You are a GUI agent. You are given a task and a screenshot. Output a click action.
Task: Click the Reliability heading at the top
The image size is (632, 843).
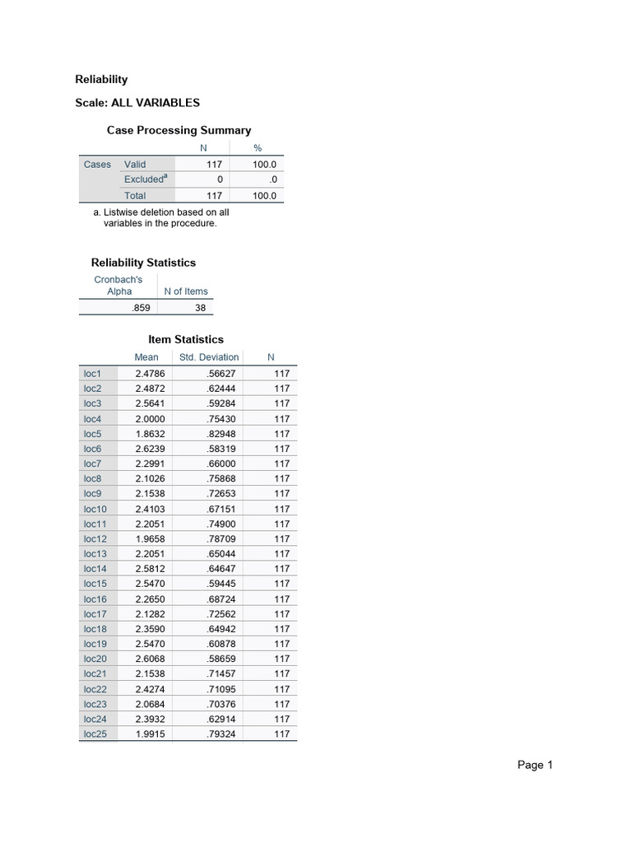pyautogui.click(x=101, y=79)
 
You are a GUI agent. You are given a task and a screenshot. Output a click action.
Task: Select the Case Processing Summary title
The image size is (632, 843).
pyautogui.click(x=179, y=130)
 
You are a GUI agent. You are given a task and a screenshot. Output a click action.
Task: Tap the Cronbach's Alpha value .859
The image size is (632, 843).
pyautogui.click(x=142, y=308)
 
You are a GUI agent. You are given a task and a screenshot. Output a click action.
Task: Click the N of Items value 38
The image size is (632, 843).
pyautogui.click(x=201, y=308)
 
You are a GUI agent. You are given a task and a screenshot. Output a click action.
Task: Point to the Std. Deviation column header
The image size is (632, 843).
pyautogui.click(x=209, y=357)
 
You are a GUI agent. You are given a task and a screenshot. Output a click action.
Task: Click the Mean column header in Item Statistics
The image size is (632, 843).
pyautogui.click(x=146, y=357)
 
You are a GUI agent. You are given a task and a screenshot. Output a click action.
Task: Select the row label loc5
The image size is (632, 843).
pyautogui.click(x=92, y=434)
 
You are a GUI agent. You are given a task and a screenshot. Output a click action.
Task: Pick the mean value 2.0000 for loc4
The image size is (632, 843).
pyautogui.click(x=150, y=418)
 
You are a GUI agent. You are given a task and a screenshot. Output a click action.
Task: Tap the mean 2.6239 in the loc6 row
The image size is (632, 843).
pyautogui.click(x=150, y=449)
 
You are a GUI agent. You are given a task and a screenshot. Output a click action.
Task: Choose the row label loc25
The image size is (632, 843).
pyautogui.click(x=95, y=734)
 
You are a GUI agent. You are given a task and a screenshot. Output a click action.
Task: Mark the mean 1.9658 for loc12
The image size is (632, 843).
pyautogui.click(x=150, y=538)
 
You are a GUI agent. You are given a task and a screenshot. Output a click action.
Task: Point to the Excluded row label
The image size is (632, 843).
pyautogui.click(x=144, y=179)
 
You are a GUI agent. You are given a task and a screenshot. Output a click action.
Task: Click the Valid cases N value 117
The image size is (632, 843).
pyautogui.click(x=214, y=164)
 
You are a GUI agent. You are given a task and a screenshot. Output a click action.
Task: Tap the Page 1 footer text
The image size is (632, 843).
pyautogui.click(x=535, y=766)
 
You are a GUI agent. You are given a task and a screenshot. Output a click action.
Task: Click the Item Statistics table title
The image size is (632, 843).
pyautogui.click(x=185, y=339)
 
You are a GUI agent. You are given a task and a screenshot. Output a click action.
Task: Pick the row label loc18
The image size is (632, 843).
pyautogui.click(x=95, y=629)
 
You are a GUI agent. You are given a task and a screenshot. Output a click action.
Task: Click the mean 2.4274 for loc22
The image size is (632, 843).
pyautogui.click(x=150, y=689)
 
